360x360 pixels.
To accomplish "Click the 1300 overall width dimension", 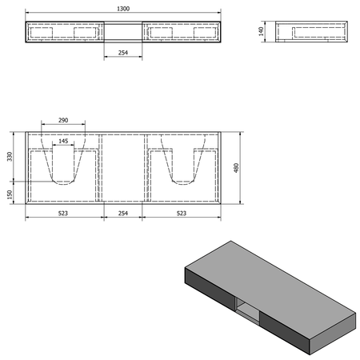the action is coord(123,9).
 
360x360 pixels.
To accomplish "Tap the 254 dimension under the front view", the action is coord(123,53).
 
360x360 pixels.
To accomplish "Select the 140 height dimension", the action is coord(261,31).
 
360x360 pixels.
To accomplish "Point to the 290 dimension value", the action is coord(63,120).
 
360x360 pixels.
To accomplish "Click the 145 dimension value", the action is coord(63,141).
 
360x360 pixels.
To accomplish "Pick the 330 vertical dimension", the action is coord(10,157).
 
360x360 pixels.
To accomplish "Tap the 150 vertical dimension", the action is coord(10,194).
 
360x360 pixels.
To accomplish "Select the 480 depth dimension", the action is coord(236,168).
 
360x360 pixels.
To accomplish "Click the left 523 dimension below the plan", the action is coord(63,214).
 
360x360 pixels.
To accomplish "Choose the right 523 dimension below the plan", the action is coord(182,214).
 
